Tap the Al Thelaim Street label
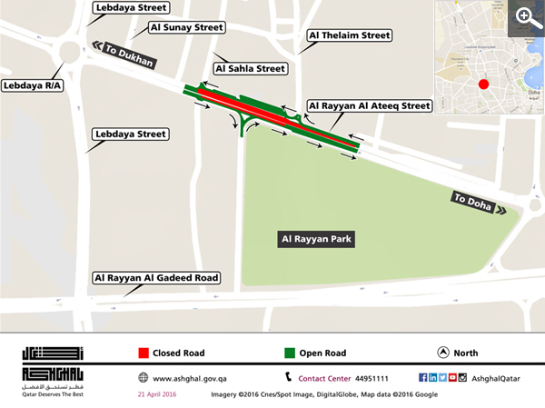tap(350, 35)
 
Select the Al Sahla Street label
tap(250, 68)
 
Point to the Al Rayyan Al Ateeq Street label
tap(369, 106)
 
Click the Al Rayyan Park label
tap(316, 240)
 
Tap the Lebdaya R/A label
tap(33, 85)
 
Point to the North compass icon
tap(442, 353)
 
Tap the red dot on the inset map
tap(483, 85)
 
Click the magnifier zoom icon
tap(525, 16)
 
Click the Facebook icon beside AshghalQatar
tap(423, 377)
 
